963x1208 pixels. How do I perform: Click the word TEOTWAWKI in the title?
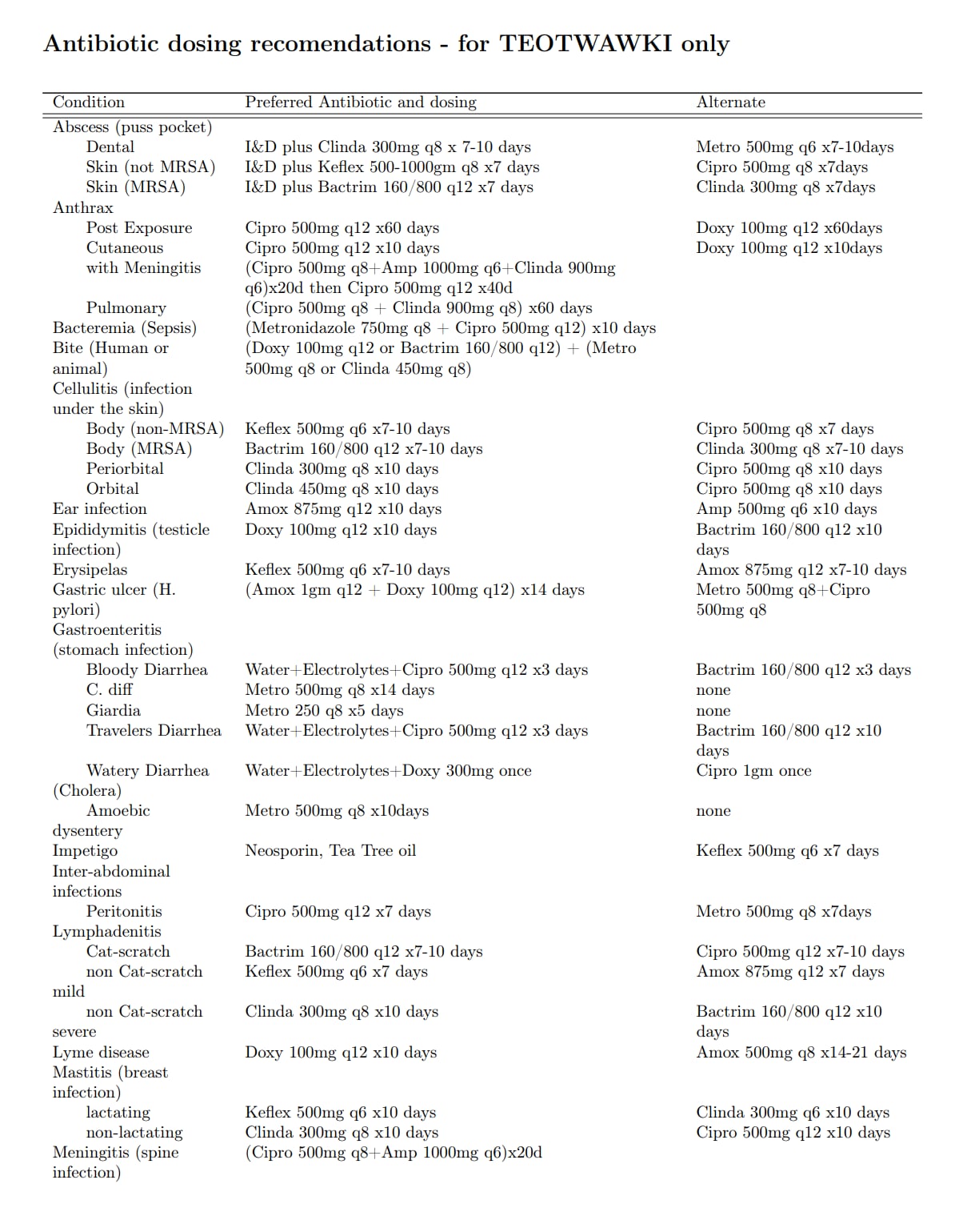pyautogui.click(x=585, y=43)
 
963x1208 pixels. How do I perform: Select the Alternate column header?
pyautogui.click(x=730, y=102)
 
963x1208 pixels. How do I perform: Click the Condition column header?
pyautogui.click(x=89, y=102)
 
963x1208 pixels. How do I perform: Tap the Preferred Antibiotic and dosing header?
pyautogui.click(x=360, y=102)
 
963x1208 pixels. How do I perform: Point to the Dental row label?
pyautogui.click(x=110, y=147)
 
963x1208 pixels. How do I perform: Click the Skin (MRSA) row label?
pyautogui.click(x=136, y=187)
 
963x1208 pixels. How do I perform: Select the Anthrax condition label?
pyautogui.click(x=83, y=207)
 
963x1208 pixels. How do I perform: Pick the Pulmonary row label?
pyautogui.click(x=126, y=308)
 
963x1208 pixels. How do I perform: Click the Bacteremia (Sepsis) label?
pyautogui.click(x=125, y=328)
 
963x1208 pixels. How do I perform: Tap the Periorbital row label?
pyautogui.click(x=125, y=469)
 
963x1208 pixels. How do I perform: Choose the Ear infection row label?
pyautogui.click(x=100, y=509)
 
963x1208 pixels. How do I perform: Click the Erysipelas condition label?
pyautogui.click(x=90, y=570)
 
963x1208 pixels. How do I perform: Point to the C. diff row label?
pyautogui.click(x=110, y=690)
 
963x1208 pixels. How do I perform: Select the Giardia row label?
pyautogui.click(x=114, y=711)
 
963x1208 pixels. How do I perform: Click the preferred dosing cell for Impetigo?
pyautogui.click(x=330, y=851)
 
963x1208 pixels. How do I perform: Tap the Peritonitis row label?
pyautogui.click(x=124, y=912)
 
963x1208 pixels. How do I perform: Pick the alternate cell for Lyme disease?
pyautogui.click(x=801, y=1053)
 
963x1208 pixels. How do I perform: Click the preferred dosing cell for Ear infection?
pyautogui.click(x=343, y=509)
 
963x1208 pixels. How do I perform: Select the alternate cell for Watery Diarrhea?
pyautogui.click(x=753, y=771)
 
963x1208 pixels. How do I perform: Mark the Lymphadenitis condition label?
pyautogui.click(x=107, y=932)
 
